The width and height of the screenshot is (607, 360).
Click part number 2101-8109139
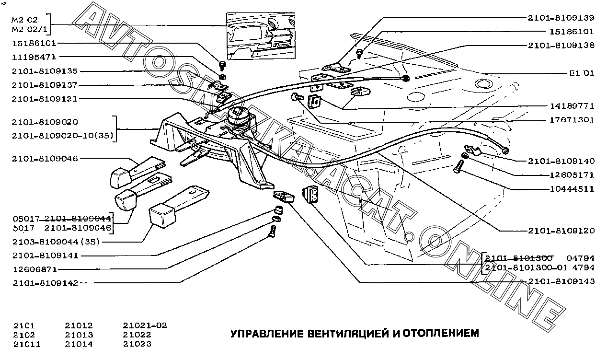click(x=561, y=18)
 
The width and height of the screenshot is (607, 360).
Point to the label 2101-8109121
click(x=45, y=99)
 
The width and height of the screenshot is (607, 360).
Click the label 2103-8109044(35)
click(x=57, y=242)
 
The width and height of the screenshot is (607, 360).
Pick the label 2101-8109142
click(x=45, y=283)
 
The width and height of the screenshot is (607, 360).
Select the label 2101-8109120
click(x=561, y=231)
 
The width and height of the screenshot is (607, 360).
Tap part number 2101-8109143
click(x=561, y=281)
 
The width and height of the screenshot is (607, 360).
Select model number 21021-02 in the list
click(x=145, y=325)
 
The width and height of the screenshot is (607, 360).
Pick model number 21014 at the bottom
click(x=79, y=344)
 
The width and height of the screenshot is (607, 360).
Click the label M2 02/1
click(x=28, y=30)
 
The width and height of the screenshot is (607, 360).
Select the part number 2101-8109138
click(x=561, y=46)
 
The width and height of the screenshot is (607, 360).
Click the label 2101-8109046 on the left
click(x=45, y=158)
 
